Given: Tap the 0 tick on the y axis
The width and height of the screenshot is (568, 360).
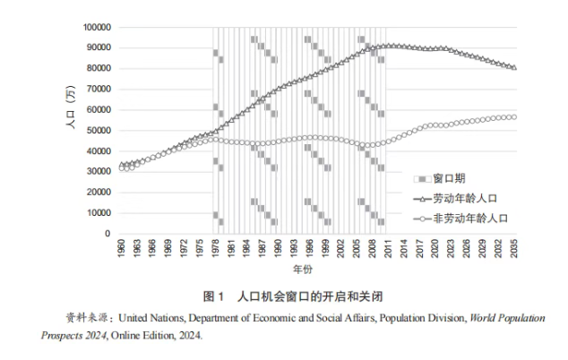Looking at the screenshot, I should pyautogui.click(x=106, y=234).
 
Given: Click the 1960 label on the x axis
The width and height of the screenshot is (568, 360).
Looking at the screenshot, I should pyautogui.click(x=121, y=249).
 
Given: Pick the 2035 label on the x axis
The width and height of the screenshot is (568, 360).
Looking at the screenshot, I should pyautogui.click(x=514, y=249).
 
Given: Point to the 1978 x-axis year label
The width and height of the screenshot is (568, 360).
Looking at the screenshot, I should pyautogui.click(x=215, y=249).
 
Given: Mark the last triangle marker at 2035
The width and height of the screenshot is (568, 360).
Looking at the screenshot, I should pyautogui.click(x=514, y=67).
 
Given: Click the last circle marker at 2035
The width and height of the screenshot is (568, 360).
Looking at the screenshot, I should pyautogui.click(x=514, y=117).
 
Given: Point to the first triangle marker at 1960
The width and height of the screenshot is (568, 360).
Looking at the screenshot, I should pyautogui.click(x=121, y=165).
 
